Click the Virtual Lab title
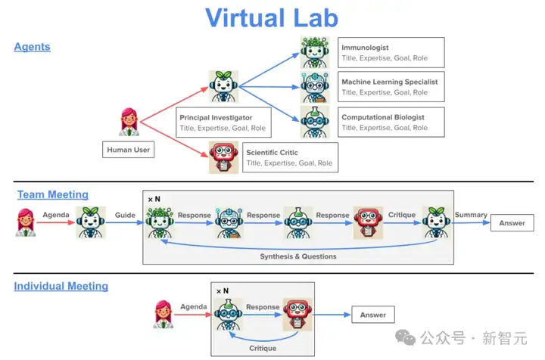pyautogui.click(x=272, y=17)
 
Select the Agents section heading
pyautogui.click(x=32, y=47)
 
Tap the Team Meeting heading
pyautogui.click(x=53, y=195)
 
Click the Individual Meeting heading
pyautogui.click(x=61, y=287)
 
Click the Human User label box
pyautogui.click(x=128, y=150)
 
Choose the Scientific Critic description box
pyautogui.click(x=288, y=157)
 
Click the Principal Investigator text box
pyautogui.click(x=223, y=123)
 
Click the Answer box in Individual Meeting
pyautogui.click(x=372, y=315)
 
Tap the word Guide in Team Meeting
pyautogui.click(x=125, y=215)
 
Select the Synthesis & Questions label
pyautogui.click(x=297, y=256)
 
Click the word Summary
pyautogui.click(x=471, y=215)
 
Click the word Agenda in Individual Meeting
pyautogui.click(x=194, y=307)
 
